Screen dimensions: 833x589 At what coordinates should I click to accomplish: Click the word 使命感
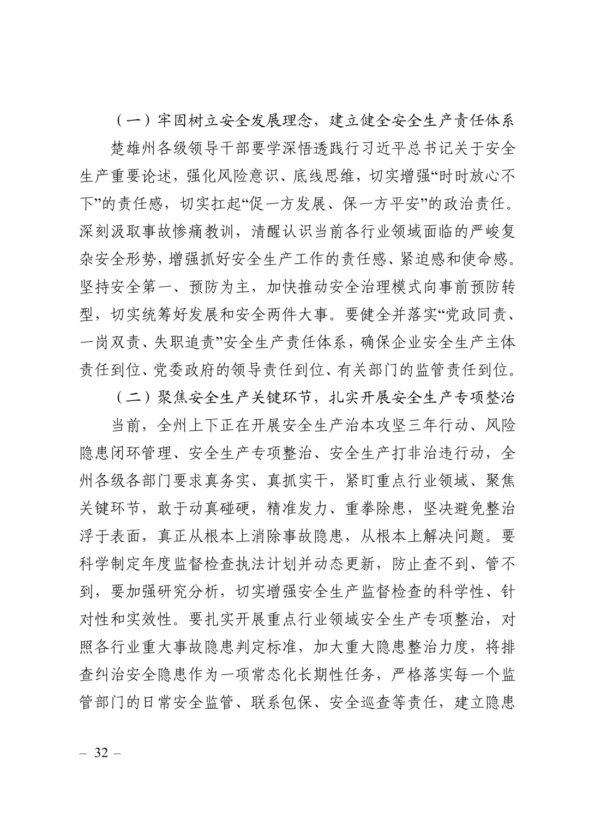(487, 259)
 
